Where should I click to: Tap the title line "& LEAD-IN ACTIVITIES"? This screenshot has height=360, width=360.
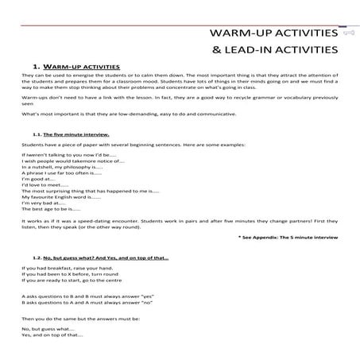coord(273,52)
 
